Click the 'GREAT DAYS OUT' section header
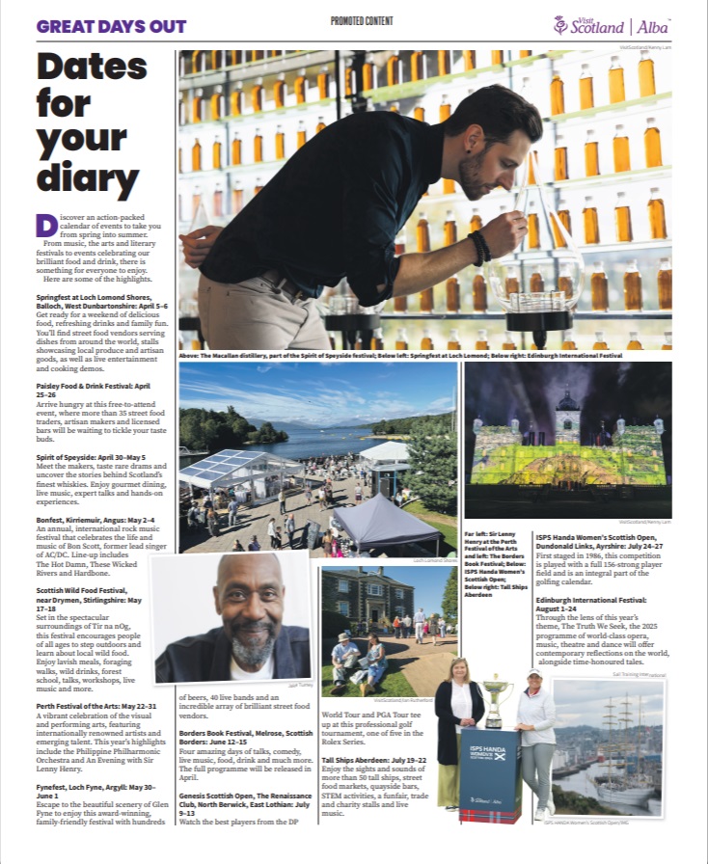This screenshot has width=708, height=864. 112,26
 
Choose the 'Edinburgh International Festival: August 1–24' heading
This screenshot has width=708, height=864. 590,603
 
